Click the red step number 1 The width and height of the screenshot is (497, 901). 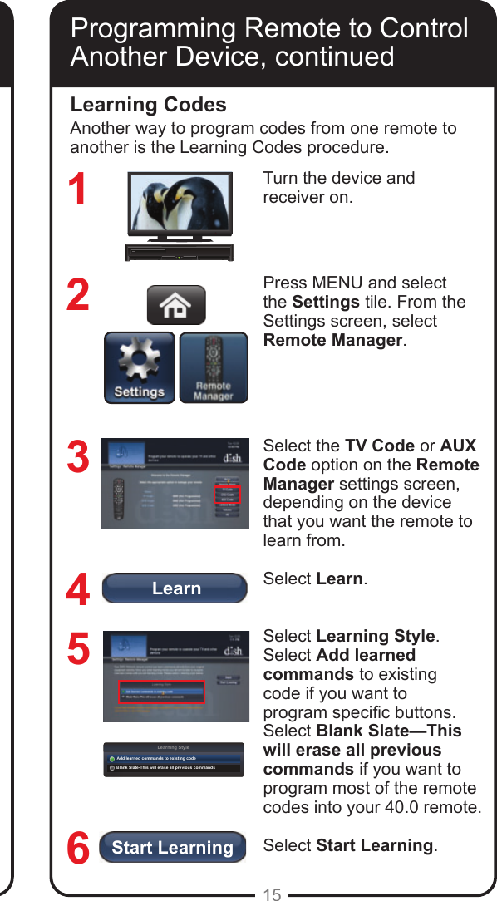click(77, 190)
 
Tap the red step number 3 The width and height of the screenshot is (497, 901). click(77, 457)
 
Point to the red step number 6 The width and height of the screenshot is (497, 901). click(77, 849)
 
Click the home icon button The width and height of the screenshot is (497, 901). click(176, 305)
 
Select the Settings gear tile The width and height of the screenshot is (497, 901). click(140, 367)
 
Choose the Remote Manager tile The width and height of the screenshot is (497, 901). click(214, 367)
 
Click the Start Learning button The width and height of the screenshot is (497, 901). click(173, 847)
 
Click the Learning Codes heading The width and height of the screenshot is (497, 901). click(148, 105)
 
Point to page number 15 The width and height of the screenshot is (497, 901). click(272, 894)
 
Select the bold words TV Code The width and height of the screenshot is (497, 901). click(380, 446)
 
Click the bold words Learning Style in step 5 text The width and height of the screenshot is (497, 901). click(376, 636)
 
